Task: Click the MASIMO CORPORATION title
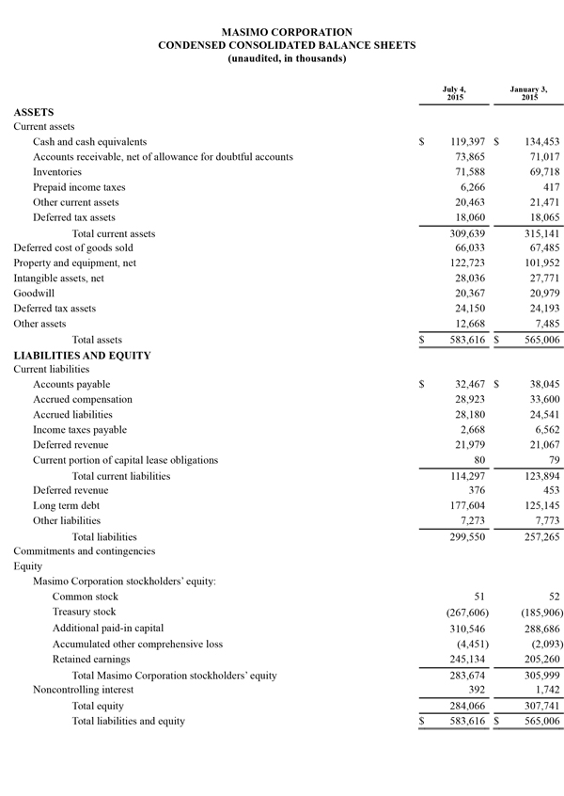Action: click(x=287, y=32)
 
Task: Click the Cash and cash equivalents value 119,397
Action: click(x=461, y=142)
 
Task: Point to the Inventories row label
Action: click(x=57, y=172)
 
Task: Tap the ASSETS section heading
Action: click(x=33, y=112)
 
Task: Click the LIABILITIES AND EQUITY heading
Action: click(x=82, y=355)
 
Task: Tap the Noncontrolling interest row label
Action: click(x=71, y=690)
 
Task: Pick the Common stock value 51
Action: click(x=479, y=597)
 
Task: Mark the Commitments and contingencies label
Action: click(x=84, y=550)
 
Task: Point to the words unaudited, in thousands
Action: click(x=287, y=58)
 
